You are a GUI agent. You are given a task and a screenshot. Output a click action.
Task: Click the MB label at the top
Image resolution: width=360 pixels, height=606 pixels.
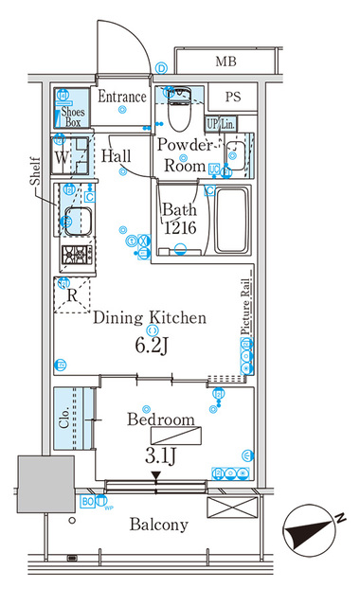pos(225,62)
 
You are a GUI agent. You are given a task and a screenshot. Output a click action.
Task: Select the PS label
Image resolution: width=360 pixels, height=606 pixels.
pos(232,98)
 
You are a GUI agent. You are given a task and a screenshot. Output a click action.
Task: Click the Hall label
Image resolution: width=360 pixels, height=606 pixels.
pos(118,155)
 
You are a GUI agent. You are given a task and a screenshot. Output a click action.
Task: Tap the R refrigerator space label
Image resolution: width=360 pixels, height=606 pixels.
pos(71,294)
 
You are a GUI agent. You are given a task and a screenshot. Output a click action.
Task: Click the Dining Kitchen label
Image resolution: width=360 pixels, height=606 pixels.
pos(149,318)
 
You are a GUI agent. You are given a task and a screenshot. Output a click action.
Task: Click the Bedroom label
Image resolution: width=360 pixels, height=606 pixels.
pos(160,419)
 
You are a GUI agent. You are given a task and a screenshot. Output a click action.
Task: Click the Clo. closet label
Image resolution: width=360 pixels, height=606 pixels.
pos(65,419)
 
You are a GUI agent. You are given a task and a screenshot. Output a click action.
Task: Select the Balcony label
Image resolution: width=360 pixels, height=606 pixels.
pos(159,525)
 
